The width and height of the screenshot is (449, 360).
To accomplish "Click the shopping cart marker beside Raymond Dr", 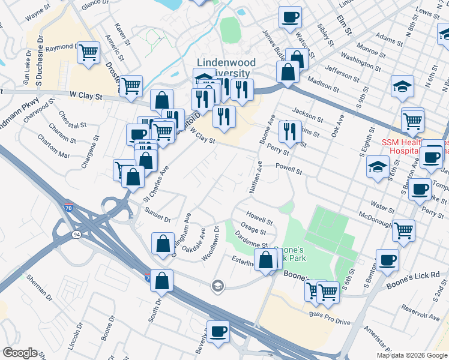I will (x=88, y=53).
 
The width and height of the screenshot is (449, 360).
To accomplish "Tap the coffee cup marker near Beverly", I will (x=218, y=331).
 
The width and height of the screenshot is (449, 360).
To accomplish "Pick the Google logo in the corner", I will (x=20, y=353).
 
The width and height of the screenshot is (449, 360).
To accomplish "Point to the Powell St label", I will (x=289, y=169).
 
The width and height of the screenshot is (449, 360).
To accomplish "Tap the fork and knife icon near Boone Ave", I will (x=291, y=131).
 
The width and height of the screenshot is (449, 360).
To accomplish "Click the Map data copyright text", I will (x=411, y=355).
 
